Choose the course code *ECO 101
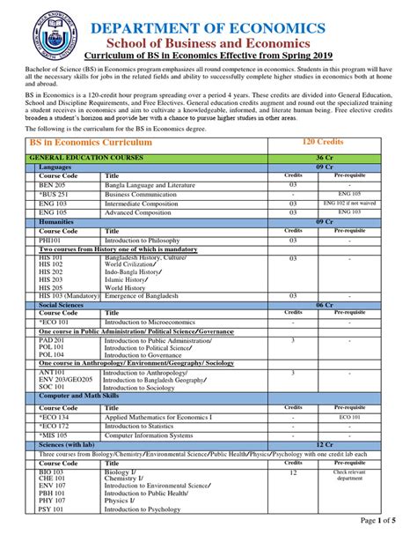(55, 322)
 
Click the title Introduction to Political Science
(150, 348)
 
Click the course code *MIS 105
(55, 435)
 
